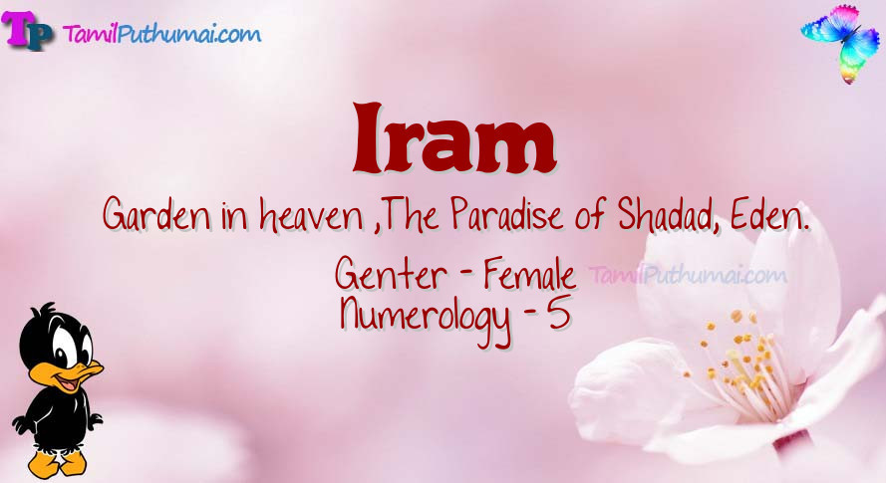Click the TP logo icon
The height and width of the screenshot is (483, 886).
(x=28, y=30)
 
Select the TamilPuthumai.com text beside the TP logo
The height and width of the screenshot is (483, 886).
(x=161, y=34)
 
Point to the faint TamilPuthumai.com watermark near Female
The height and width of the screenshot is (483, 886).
(x=688, y=276)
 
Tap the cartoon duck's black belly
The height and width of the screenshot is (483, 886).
(x=57, y=418)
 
